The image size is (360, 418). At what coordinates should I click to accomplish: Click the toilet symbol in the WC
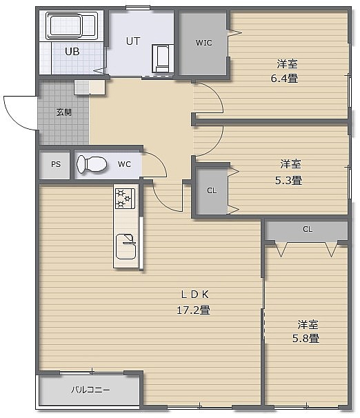tap(92, 164)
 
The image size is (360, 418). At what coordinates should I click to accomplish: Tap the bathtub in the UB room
tap(72, 26)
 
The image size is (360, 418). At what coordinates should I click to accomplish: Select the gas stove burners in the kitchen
tap(125, 198)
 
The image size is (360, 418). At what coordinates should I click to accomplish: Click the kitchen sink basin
tap(126, 246)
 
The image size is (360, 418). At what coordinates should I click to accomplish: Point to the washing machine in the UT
tap(163, 59)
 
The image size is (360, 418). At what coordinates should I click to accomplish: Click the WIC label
tap(203, 43)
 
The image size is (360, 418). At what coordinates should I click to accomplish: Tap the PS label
tap(56, 164)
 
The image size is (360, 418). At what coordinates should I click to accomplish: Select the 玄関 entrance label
tap(64, 112)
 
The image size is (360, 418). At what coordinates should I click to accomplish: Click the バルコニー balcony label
tap(90, 390)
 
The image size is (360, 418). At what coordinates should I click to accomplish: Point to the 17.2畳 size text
tap(194, 310)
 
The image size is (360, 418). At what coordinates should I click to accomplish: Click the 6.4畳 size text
tap(284, 79)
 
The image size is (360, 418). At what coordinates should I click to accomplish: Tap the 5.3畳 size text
tap(288, 181)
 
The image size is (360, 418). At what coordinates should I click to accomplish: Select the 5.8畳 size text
tap(306, 338)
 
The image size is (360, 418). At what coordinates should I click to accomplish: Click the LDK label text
tap(194, 295)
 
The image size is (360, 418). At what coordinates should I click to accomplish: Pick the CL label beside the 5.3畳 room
tap(212, 190)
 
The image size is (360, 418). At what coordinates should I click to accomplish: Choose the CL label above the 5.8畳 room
tap(308, 229)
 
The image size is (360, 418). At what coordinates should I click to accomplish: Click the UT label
tap(132, 41)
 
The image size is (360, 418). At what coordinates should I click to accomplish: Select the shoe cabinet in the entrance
tap(90, 87)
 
